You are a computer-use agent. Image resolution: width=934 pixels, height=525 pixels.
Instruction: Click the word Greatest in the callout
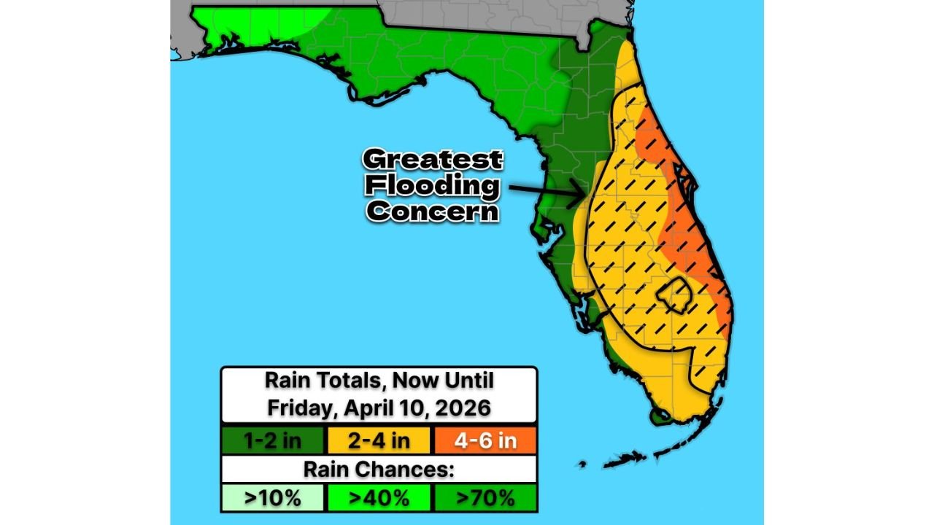pyautogui.click(x=433, y=160)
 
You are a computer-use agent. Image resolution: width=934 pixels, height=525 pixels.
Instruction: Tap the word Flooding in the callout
pyautogui.click(x=433, y=185)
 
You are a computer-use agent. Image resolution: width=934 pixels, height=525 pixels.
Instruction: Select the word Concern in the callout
pyautogui.click(x=433, y=211)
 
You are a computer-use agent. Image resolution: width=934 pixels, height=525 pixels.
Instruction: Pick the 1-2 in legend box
pyautogui.click(x=272, y=440)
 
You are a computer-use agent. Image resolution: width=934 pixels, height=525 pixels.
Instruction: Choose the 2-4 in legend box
pyautogui.click(x=379, y=440)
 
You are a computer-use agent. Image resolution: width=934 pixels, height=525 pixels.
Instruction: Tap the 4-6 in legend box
pyautogui.click(x=485, y=440)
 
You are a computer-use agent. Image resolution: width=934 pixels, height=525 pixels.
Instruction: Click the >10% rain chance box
pyautogui.click(x=272, y=498)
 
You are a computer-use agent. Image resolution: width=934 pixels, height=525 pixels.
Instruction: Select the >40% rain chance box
pyautogui.click(x=379, y=498)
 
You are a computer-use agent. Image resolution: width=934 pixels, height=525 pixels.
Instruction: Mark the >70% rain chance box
pyautogui.click(x=485, y=498)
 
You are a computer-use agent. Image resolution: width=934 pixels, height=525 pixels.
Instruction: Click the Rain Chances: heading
pyautogui.click(x=379, y=470)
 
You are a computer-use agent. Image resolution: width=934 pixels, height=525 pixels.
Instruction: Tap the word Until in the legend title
pyautogui.click(x=468, y=381)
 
